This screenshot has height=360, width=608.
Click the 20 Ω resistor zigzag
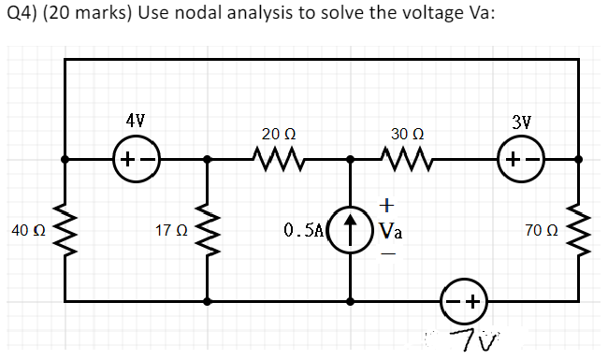pos(279,160)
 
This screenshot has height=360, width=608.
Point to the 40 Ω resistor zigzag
pos(65,230)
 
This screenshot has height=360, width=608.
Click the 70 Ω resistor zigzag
pos(578,230)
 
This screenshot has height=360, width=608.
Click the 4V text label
pos(137,120)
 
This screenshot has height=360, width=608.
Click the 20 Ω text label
pos(279,133)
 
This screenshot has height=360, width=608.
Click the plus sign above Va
pos(387,203)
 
